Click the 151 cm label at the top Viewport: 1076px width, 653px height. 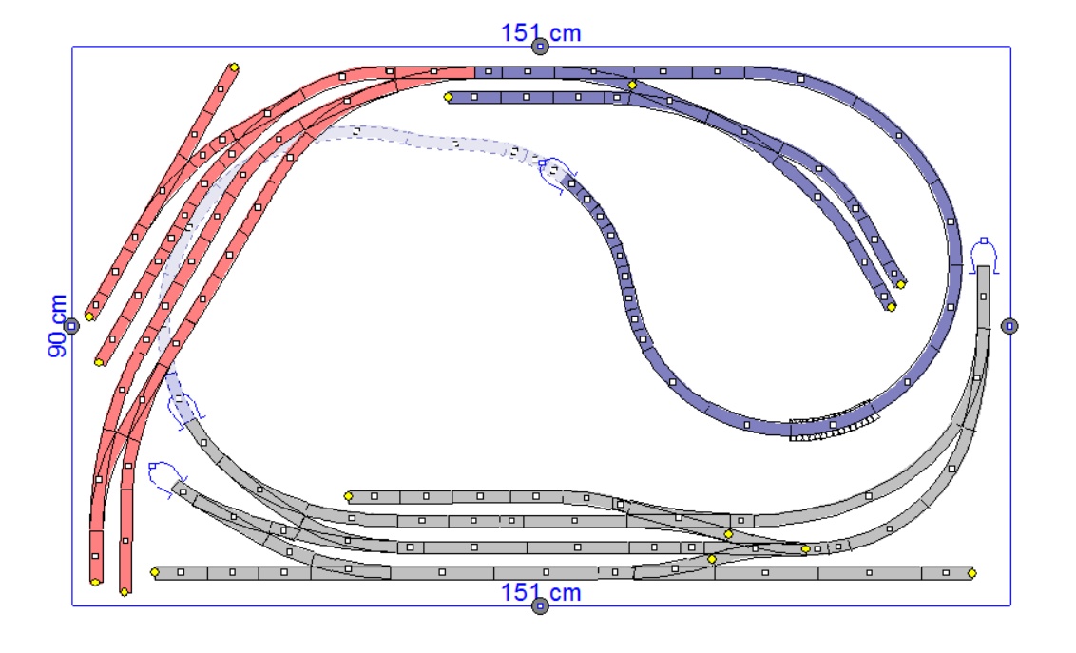tap(541, 32)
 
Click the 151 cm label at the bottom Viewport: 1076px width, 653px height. tap(541, 592)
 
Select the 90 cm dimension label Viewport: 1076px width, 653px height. tap(58, 326)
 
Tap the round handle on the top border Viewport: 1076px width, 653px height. tap(541, 47)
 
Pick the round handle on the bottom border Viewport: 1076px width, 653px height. tap(541, 606)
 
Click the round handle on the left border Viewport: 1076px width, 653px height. tap(72, 327)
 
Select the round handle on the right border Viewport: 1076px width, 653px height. tap(1009, 327)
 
